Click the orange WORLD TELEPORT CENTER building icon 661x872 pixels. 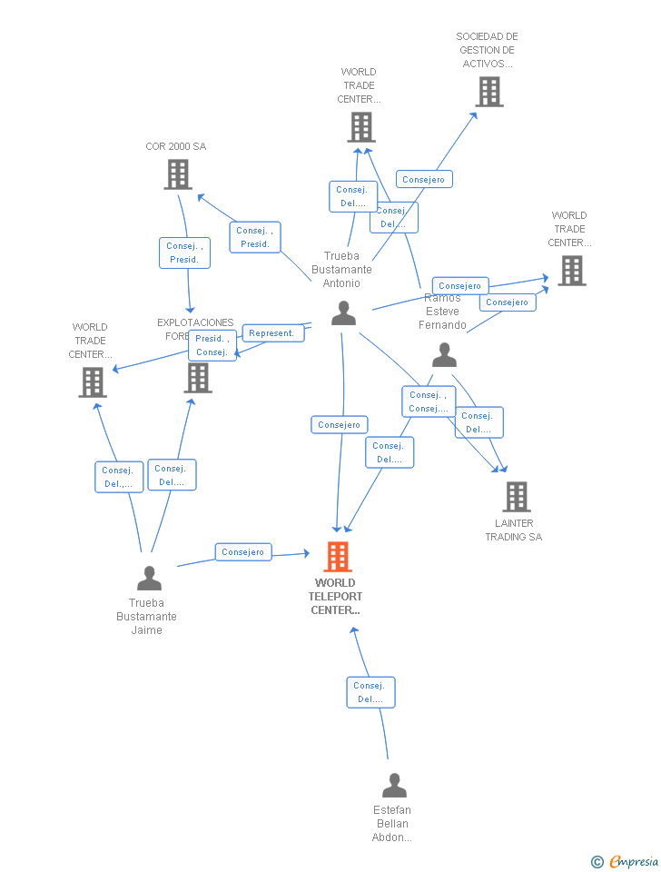point(338,557)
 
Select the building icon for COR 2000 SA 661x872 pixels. point(178,174)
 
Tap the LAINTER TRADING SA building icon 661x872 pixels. point(517,497)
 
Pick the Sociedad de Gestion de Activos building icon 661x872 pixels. point(489,92)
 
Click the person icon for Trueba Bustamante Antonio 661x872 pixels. point(343,313)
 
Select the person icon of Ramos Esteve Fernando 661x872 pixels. point(444,355)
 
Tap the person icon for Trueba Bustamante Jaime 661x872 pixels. point(149,578)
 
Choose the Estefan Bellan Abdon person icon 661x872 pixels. point(394,786)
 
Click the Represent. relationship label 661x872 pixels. point(271,333)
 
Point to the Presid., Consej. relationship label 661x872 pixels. point(212,345)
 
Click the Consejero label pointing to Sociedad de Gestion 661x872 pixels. point(424,179)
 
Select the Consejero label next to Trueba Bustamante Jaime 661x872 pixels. point(243,551)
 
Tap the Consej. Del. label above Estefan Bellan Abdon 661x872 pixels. point(370,692)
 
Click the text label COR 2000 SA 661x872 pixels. point(176,146)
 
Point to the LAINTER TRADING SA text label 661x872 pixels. point(514,530)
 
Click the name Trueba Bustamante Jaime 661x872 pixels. point(146,616)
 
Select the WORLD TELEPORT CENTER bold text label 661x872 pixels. point(336,596)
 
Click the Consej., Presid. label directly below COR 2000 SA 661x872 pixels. point(185,253)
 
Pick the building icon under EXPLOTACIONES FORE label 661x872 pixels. point(198,378)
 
